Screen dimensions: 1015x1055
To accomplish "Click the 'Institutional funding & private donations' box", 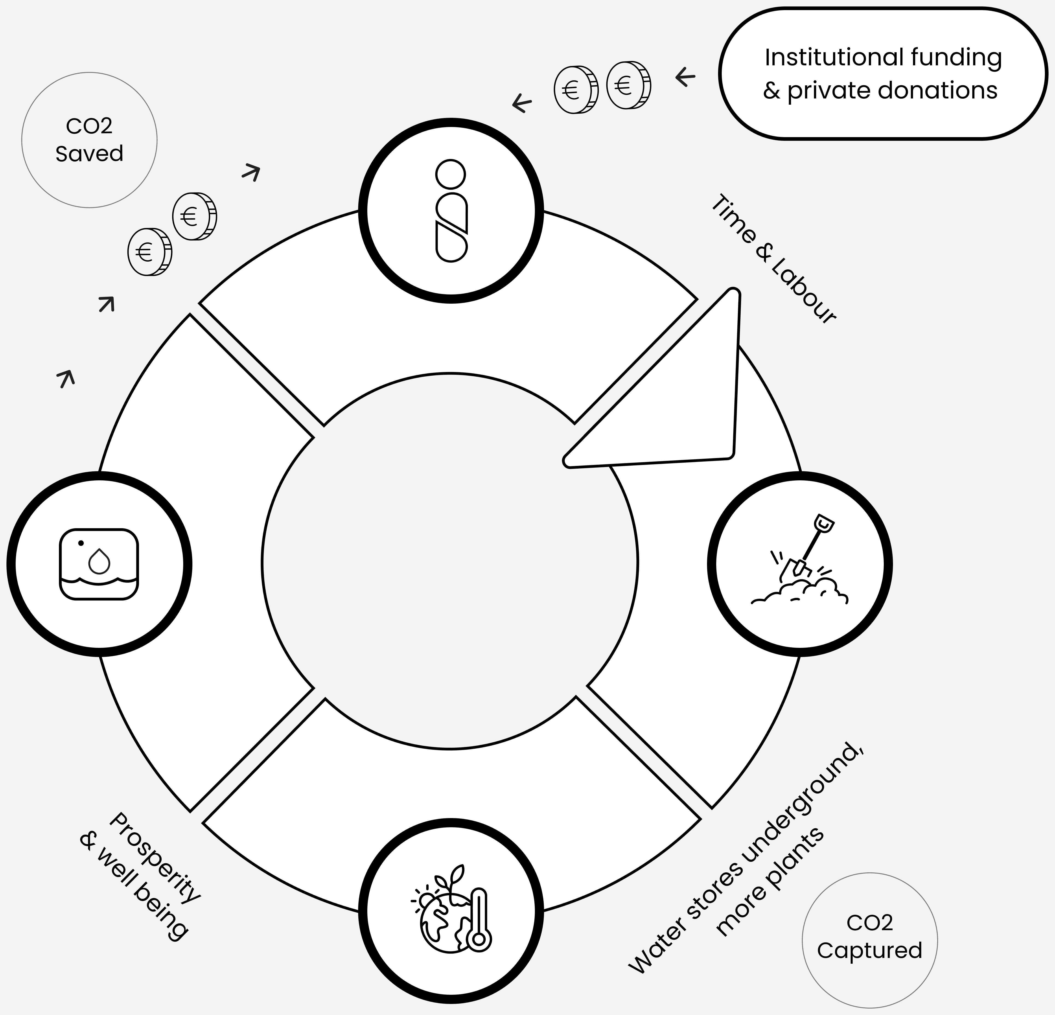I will click(883, 74).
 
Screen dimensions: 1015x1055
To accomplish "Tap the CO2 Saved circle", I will click(89, 140).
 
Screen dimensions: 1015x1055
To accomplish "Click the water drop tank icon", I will click(99, 564).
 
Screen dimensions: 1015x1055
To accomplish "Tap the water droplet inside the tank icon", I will click(99, 561).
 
